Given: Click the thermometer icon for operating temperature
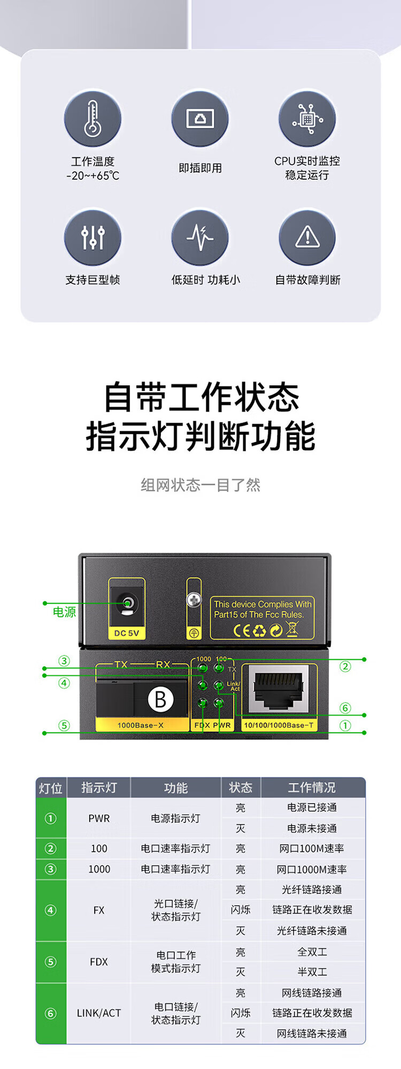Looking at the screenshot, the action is pos(92,119).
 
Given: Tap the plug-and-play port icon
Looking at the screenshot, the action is pos(200,119).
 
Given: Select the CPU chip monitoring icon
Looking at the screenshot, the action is pos(307,119).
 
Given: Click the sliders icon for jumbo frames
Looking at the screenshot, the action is pos(92,238).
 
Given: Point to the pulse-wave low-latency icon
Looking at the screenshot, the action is pos(200,238).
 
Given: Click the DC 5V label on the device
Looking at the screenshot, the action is pos(127,633).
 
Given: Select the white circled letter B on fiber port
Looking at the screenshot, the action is pos(160,699).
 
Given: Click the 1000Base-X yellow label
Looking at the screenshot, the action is pos(141,726).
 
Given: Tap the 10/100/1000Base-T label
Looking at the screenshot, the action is pos(279,726).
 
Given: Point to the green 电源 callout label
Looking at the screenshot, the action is pos(64,612).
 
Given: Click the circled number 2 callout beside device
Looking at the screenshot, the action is pos(345,666).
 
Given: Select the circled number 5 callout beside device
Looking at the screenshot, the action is pos(64,726).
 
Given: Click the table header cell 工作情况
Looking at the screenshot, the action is pos(312,788).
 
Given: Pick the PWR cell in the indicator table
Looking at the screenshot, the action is pos(99,818).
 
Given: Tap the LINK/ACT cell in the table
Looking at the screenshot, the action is pos(99,1013).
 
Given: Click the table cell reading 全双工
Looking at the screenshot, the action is pos(312,952).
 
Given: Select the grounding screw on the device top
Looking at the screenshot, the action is pos(194,600).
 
